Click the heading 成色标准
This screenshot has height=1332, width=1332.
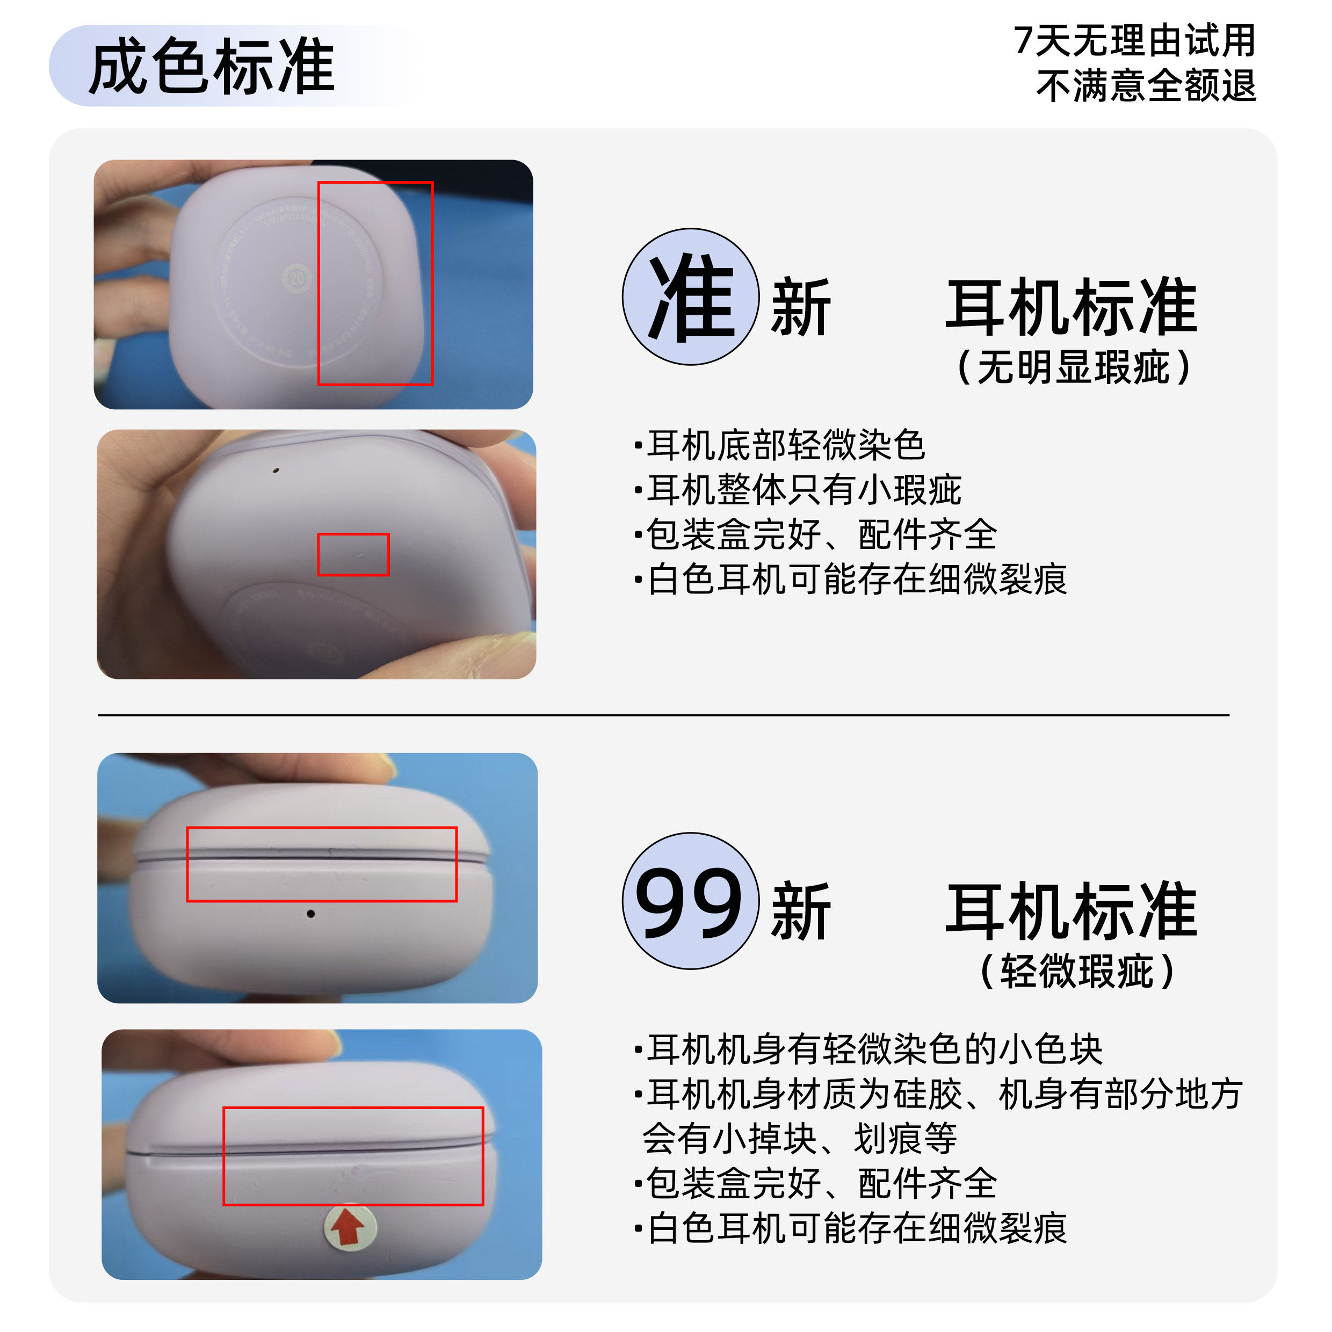click(212, 66)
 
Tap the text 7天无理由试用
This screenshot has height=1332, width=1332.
click(1134, 41)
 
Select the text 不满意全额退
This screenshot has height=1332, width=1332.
click(1145, 86)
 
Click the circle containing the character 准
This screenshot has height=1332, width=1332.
click(690, 296)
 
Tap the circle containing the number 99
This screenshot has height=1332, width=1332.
click(690, 901)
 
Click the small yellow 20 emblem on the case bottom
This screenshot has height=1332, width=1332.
click(296, 279)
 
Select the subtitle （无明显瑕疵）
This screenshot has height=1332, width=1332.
click(1074, 367)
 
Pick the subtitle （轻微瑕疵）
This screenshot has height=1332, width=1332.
click(1076, 972)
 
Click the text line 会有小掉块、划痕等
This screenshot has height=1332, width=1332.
click(799, 1138)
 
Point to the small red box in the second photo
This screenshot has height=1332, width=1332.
click(353, 554)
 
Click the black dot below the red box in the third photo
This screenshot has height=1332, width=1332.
click(311, 914)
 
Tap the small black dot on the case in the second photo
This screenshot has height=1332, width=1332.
click(276, 470)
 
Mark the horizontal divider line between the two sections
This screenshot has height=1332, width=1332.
click(663, 715)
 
